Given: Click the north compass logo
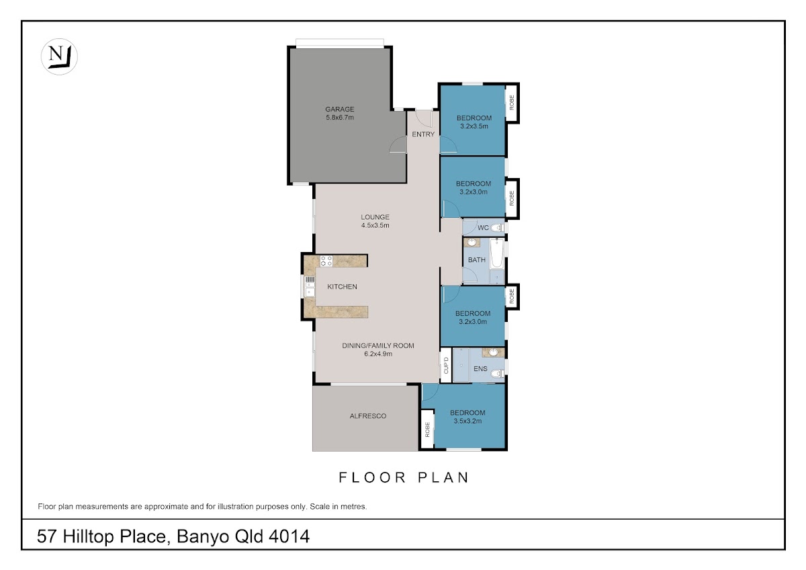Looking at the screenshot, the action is tap(59, 56).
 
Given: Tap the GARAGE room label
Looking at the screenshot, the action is tap(340, 109).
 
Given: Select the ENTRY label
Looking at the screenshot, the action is tap(423, 134).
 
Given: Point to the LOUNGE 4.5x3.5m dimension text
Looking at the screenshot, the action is tap(375, 225).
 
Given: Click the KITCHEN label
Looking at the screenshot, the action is tap(342, 286).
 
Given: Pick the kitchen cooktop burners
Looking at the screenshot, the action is tap(326, 261).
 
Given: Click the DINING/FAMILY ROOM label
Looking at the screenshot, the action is tap(377, 345).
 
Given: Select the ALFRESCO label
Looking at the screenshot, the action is tap(368, 416).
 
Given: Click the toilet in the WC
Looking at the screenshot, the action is tap(497, 228).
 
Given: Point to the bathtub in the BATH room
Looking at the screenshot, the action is tap(496, 253).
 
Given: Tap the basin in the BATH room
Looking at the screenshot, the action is tap(472, 243).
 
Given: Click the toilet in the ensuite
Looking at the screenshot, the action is tap(498, 374).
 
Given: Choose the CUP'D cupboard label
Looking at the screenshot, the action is tap(446, 366).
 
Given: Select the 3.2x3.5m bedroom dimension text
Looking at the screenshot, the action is tap(474, 126).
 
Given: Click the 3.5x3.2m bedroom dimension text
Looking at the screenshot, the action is tap(467, 421).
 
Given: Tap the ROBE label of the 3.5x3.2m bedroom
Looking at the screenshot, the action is tap(427, 430).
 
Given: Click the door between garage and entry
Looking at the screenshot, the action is tap(398, 145).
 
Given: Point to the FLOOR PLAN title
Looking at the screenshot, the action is tap(404, 477).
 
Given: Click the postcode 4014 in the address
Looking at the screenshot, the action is tap(289, 536).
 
